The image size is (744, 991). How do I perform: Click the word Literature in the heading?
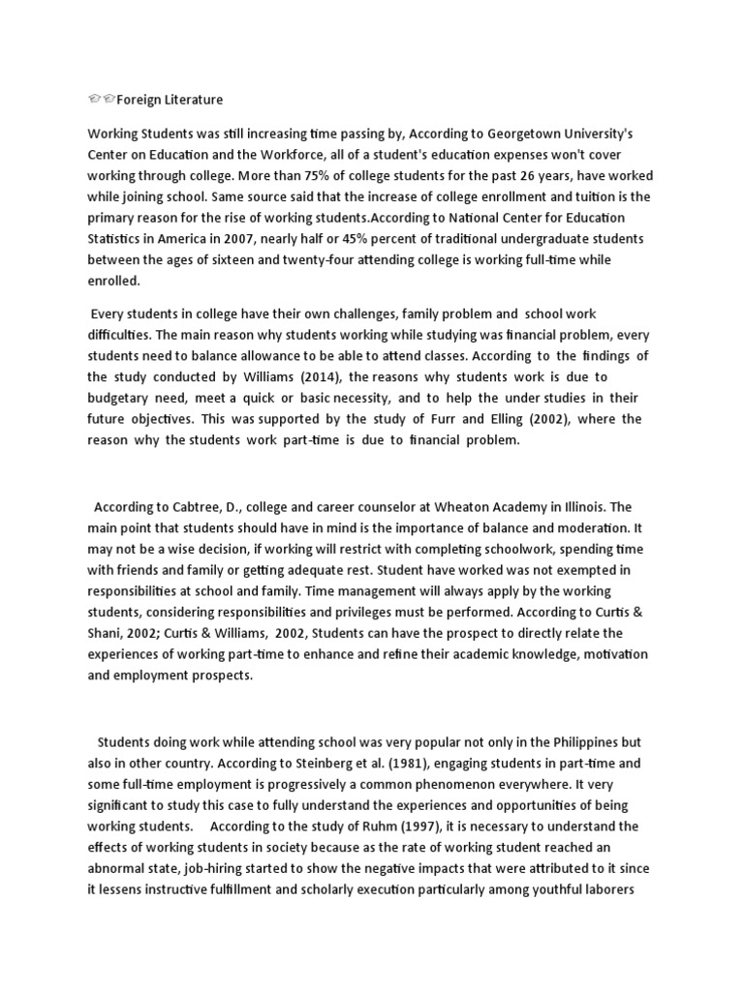tap(189, 100)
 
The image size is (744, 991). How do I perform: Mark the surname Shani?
tap(113, 634)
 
